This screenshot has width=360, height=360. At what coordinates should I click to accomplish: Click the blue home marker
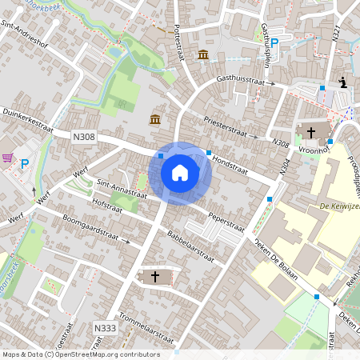(180, 172)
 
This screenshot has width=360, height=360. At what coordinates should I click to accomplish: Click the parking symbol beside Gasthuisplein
(274, 44)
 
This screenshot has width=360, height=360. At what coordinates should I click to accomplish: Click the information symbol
(343, 82)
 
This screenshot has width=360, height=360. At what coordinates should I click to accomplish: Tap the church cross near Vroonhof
(310, 133)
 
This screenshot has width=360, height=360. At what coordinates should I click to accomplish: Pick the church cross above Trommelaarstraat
(155, 277)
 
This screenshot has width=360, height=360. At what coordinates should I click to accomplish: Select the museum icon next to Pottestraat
(203, 54)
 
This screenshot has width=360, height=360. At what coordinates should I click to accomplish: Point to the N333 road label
(104, 328)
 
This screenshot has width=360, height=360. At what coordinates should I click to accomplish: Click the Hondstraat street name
(231, 166)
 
